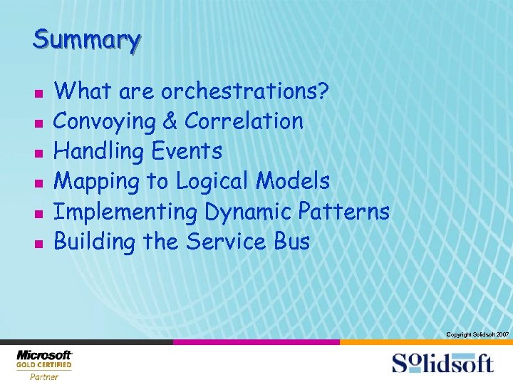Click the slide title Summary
[86, 39]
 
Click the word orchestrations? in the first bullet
[245, 92]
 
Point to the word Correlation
[244, 122]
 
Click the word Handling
[99, 152]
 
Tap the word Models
[294, 182]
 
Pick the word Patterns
[344, 212]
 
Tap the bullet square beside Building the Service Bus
[38, 244]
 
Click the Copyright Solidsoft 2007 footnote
[477, 334]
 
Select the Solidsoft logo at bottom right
[442, 363]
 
